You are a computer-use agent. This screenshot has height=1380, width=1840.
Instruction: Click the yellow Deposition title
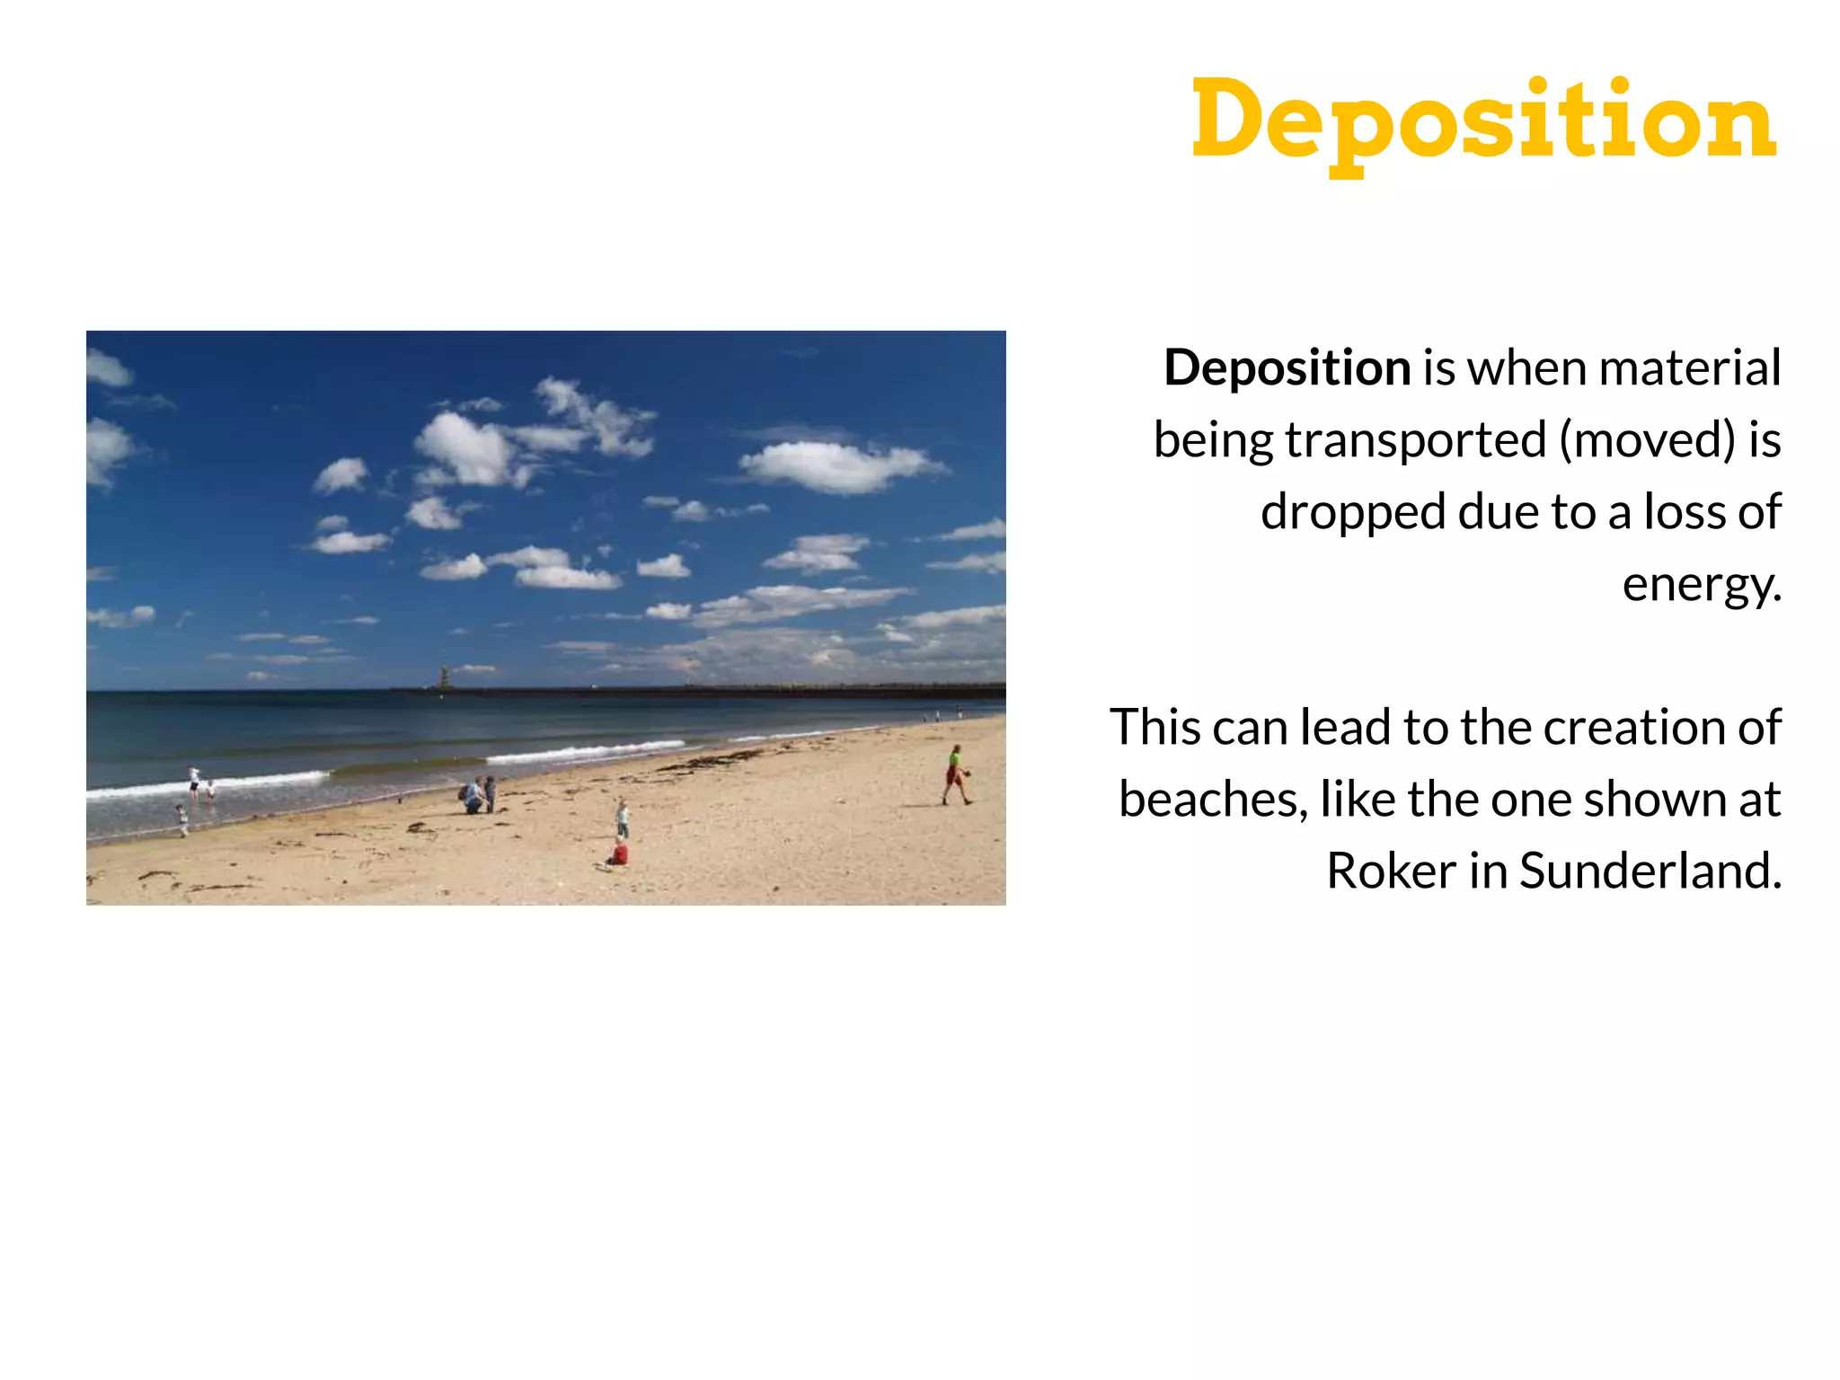(x=1483, y=121)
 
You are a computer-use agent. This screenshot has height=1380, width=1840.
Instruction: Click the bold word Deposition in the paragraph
(x=1287, y=368)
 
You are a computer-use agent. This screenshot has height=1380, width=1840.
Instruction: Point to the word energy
(x=1700, y=586)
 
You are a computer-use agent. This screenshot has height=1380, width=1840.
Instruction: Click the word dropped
(x=1354, y=512)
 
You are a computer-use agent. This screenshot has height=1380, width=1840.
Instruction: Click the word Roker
(x=1392, y=871)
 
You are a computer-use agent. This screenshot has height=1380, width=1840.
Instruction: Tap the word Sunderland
(x=1650, y=871)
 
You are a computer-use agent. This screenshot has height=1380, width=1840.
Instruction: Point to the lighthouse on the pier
(x=442, y=677)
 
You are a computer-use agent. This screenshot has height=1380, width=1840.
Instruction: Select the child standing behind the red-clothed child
(x=623, y=818)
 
